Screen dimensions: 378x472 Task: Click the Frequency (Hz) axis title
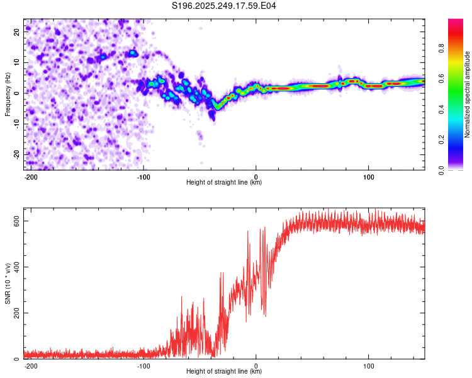[8, 94]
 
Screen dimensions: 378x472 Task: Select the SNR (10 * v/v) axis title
[8, 283]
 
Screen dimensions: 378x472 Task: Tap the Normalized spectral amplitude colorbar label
[467, 94]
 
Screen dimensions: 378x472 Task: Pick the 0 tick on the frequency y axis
[17, 93]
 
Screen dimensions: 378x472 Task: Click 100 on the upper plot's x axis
[368, 176]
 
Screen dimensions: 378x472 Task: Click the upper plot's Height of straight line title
[224, 182]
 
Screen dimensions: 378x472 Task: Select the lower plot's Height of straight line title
[224, 372]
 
